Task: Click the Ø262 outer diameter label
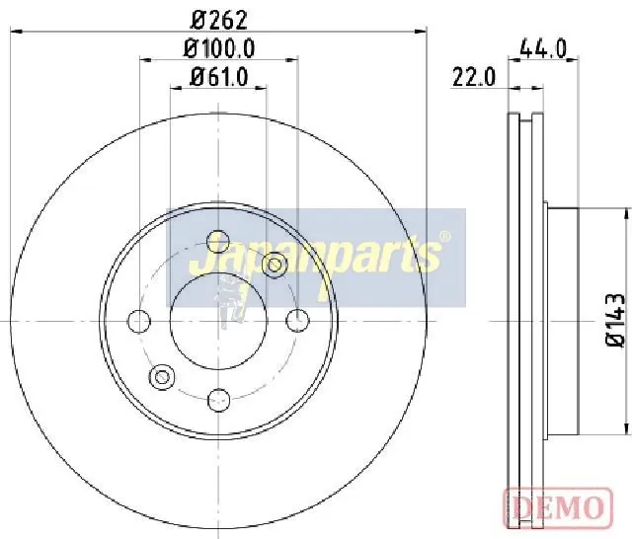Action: pos(219,20)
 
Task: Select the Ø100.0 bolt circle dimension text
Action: pos(219,48)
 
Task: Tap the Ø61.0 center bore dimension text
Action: pos(219,77)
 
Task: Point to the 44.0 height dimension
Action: pos(543,48)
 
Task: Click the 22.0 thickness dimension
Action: pos(474,77)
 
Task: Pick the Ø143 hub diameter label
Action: pos(615,320)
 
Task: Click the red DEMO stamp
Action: pos(558,507)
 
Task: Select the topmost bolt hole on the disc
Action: pos(218,241)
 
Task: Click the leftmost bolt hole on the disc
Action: pos(139,322)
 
